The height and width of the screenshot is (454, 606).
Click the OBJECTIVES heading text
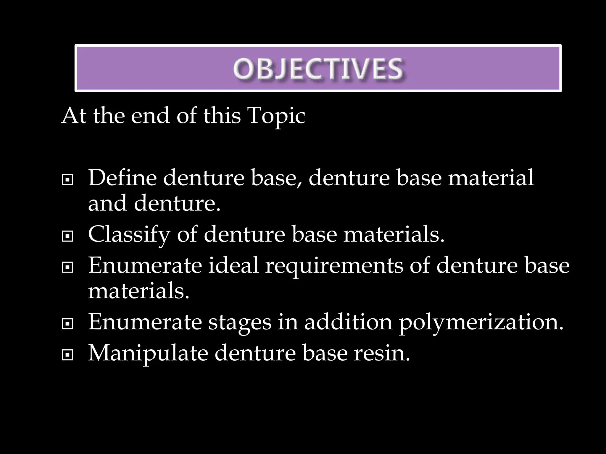pos(318,69)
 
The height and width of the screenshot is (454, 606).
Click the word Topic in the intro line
pos(276,116)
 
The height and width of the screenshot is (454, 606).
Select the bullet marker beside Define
pos(67,179)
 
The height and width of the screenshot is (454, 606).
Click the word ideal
pos(233,265)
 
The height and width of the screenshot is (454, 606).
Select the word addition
pos(348,322)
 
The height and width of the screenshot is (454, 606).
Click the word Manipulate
pos(148,354)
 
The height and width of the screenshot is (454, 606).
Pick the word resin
pos(382,353)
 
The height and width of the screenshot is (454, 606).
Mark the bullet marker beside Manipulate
pos(67,355)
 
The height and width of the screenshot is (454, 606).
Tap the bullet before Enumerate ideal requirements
pos(67,267)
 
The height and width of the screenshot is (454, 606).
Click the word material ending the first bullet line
pos(491,178)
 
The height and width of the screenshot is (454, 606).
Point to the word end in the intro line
pos(150,115)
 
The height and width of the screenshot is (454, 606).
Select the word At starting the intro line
pos(74,115)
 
